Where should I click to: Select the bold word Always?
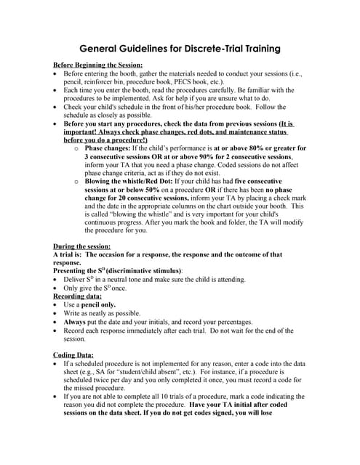[76, 322]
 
